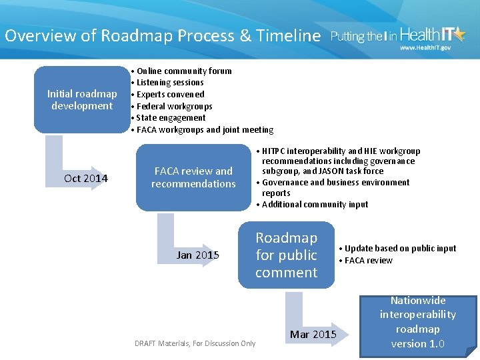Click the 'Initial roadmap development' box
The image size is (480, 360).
coord(81,99)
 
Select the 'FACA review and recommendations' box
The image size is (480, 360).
coord(193,177)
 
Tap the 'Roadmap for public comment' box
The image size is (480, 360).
coord(286,255)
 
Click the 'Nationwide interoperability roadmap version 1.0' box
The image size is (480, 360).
coord(418,323)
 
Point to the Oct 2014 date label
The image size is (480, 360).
coord(86,178)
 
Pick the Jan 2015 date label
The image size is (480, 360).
coord(197,255)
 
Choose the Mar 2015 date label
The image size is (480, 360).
coord(313,334)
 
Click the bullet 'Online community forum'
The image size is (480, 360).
coord(184,71)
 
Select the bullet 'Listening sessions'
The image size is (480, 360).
coord(170,83)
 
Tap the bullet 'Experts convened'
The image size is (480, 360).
coord(170,95)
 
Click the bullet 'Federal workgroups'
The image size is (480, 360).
coord(174,106)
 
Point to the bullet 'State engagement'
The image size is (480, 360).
coord(171,118)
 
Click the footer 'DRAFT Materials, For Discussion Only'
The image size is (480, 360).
coord(195,343)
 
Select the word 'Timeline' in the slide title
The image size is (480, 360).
coord(289,36)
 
